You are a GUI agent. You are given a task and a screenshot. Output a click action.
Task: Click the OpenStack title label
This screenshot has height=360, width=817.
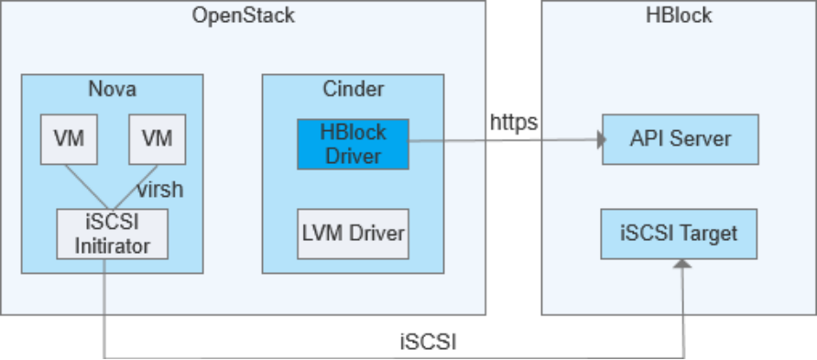[244, 16]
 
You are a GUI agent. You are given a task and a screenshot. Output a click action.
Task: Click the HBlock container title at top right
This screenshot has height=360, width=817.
[679, 16]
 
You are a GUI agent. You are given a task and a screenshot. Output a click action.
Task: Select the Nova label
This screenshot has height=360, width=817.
[113, 89]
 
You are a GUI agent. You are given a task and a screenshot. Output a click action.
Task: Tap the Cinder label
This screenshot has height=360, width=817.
[353, 89]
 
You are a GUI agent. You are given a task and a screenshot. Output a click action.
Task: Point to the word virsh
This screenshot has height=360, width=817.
[160, 190]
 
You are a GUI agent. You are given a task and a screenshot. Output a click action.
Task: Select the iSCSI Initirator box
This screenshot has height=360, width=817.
[113, 233]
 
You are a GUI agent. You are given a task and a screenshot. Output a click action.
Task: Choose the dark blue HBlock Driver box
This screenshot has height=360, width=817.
[353, 144]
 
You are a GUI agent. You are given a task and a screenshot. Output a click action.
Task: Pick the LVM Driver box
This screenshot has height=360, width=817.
[353, 234]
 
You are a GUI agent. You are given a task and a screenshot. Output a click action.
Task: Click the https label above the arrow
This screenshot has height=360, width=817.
[514, 121]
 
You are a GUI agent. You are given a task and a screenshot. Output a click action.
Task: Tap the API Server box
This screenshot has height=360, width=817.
[680, 139]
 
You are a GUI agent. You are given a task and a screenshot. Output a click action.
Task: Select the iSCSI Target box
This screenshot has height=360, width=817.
[680, 233]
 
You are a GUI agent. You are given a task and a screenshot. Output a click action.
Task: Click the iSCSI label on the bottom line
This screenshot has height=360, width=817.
[428, 343]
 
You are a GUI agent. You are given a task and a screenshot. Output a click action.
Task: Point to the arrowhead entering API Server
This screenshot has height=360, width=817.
[602, 141]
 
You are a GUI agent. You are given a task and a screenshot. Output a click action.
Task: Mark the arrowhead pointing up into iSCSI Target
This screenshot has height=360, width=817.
[681, 263]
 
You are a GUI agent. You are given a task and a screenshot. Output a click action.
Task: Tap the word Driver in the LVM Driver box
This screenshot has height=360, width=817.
[378, 234]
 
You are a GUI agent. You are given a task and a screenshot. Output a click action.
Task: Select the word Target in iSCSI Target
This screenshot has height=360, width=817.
[709, 233]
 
